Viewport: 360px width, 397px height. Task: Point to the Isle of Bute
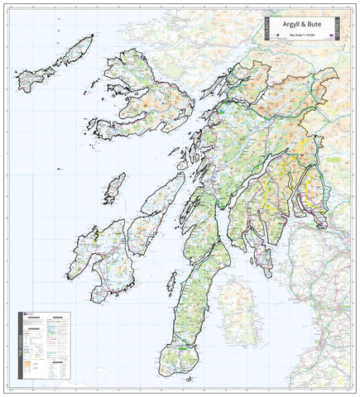266,261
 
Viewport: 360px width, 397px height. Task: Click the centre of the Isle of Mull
141,103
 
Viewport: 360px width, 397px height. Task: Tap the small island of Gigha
170,286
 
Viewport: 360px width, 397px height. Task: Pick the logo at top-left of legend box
28,313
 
